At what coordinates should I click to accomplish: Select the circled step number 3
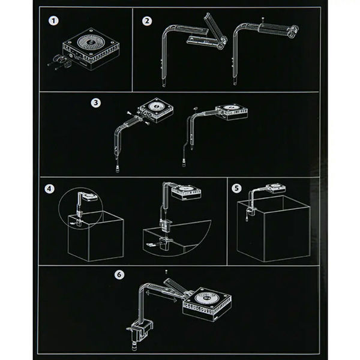(95, 103)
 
